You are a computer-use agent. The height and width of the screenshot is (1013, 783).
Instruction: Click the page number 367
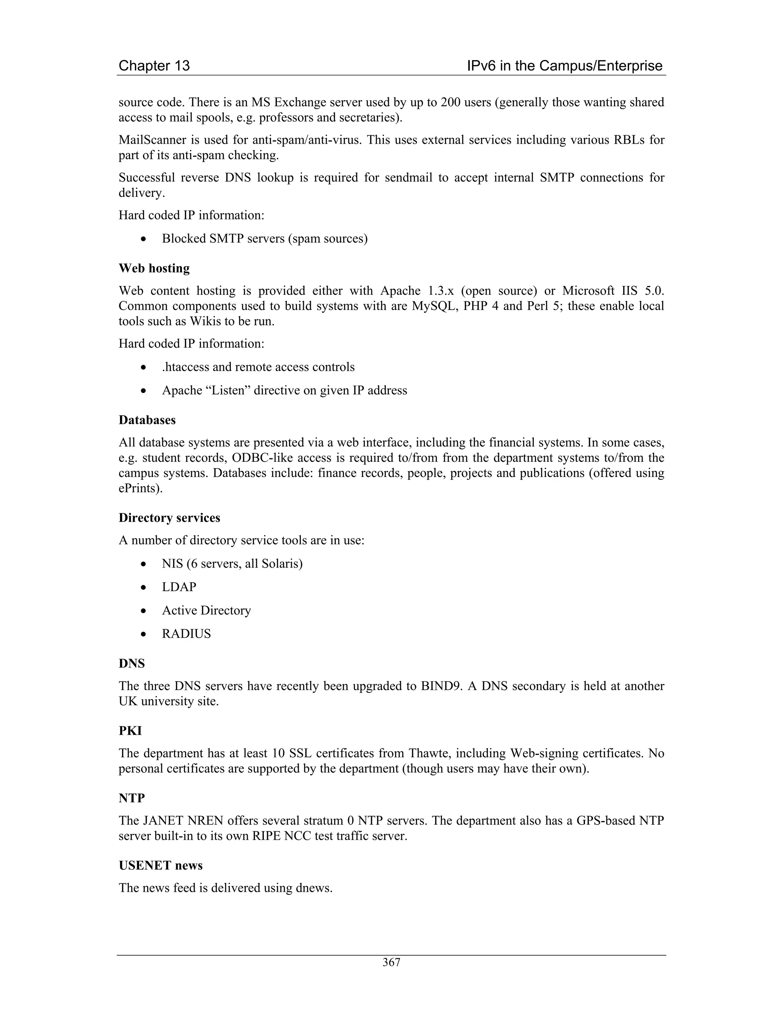click(391, 963)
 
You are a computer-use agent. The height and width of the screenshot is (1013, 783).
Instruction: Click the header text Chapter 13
click(154, 65)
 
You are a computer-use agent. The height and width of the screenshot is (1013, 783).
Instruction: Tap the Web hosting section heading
click(154, 268)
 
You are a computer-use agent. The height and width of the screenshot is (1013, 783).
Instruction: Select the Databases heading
click(147, 420)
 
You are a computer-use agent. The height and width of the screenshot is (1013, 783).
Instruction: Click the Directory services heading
click(169, 518)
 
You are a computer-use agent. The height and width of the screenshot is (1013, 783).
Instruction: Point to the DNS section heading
click(132, 663)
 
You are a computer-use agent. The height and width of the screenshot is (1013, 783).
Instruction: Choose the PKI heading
click(130, 731)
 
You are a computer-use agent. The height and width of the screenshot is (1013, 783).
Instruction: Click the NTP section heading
click(132, 798)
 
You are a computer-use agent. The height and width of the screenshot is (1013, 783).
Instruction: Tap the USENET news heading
click(161, 865)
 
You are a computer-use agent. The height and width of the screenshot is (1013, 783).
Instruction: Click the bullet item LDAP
click(179, 587)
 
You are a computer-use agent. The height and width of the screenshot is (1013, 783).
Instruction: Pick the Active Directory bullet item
click(206, 610)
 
